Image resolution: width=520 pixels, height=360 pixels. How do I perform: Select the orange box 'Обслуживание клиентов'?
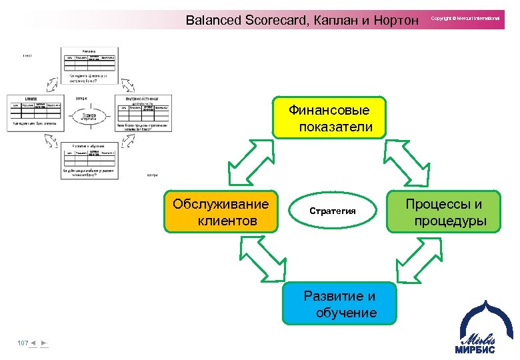221,212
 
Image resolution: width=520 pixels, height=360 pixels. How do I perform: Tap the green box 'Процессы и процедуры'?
444,212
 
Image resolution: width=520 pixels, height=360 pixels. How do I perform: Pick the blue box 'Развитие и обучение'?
339,304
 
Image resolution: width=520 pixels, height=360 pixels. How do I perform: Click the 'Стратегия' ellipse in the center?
333,211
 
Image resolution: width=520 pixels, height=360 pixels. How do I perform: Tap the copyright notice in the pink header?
465,19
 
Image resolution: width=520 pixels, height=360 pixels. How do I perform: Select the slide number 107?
23,343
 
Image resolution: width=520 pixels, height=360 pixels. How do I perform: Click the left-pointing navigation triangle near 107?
33,343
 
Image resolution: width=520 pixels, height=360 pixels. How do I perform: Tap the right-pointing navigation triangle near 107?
43,343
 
